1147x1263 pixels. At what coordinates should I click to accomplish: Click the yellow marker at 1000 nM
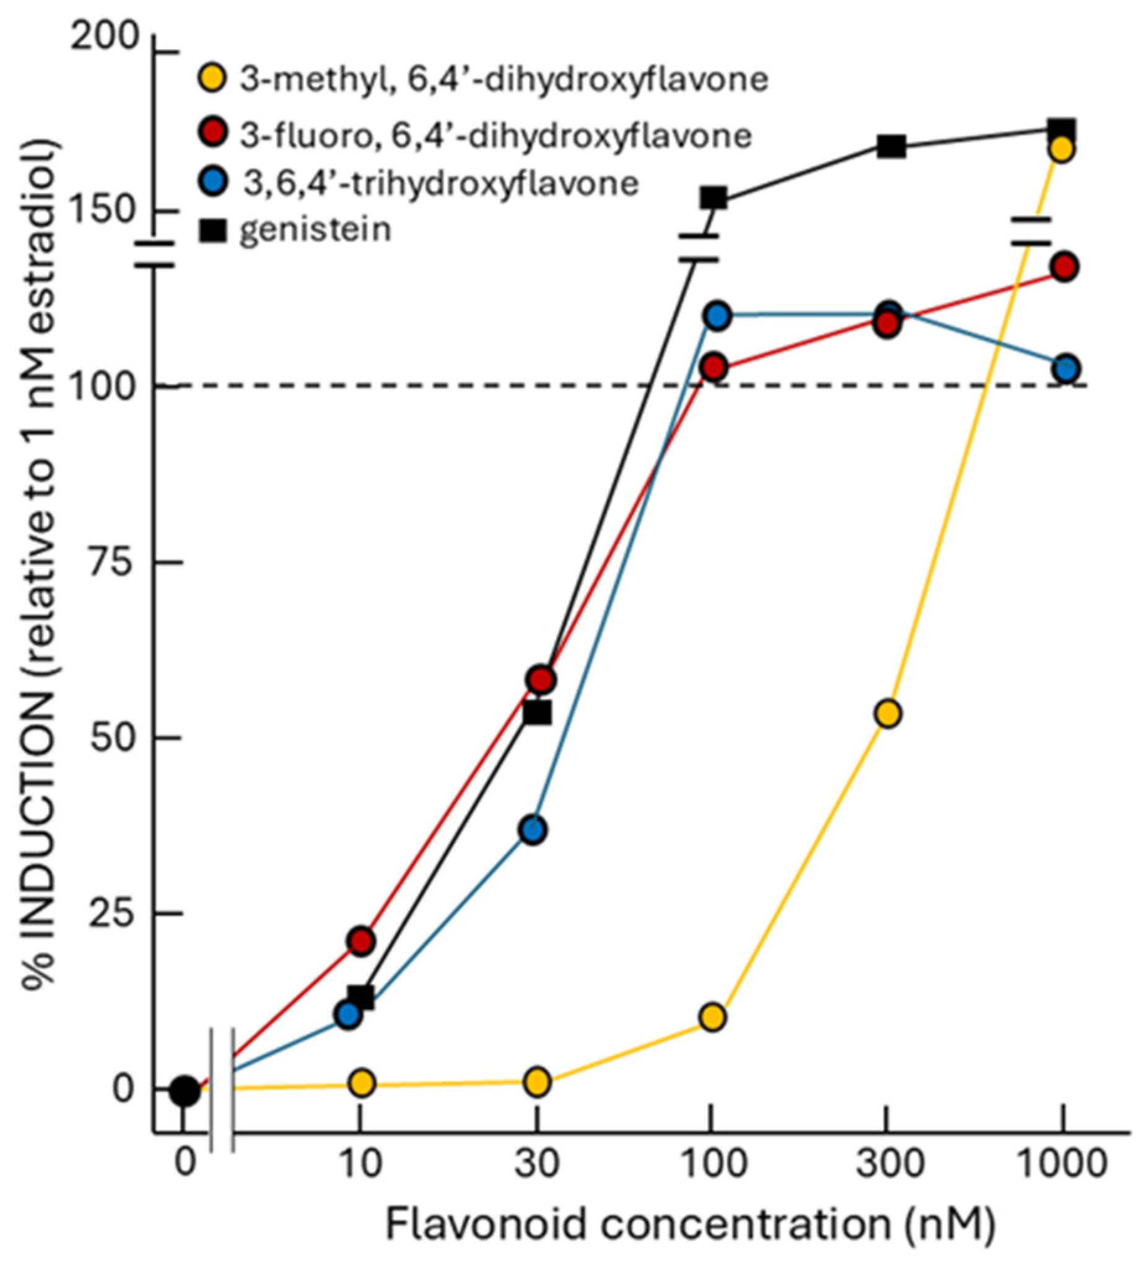coord(1063,150)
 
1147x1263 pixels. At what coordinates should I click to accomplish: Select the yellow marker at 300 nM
coord(888,713)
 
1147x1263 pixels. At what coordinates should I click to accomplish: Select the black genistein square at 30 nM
coord(537,713)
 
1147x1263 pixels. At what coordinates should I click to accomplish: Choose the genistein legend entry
coord(313,230)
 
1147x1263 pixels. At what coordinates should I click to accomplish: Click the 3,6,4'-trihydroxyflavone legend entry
coord(438,183)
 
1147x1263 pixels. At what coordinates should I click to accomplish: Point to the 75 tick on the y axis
coord(159,562)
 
